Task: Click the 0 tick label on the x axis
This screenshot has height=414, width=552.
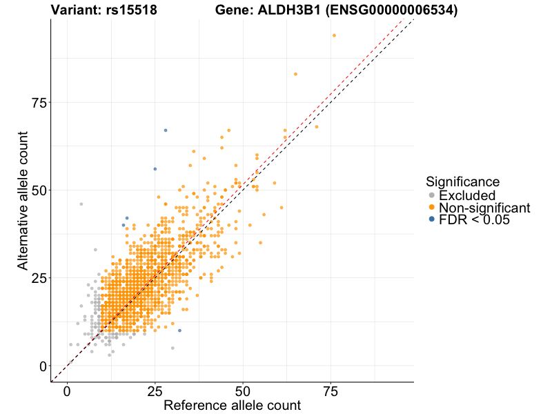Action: point(67,392)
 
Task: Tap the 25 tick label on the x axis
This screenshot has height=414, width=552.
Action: point(155,392)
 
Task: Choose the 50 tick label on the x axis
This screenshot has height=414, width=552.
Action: point(242,392)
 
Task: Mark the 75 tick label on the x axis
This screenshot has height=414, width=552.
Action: point(330,392)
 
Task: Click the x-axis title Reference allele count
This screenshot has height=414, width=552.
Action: point(232,405)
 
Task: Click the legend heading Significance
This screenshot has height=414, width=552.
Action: point(462,182)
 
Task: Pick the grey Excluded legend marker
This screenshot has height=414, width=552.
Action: point(432,195)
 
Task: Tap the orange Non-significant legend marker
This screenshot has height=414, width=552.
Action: point(432,208)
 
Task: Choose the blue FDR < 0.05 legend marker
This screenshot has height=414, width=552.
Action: point(432,219)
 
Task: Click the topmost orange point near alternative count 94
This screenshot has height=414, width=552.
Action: point(334,36)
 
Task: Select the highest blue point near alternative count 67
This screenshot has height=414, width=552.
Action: point(166,130)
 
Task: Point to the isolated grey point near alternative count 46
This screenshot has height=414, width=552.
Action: point(81,204)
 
